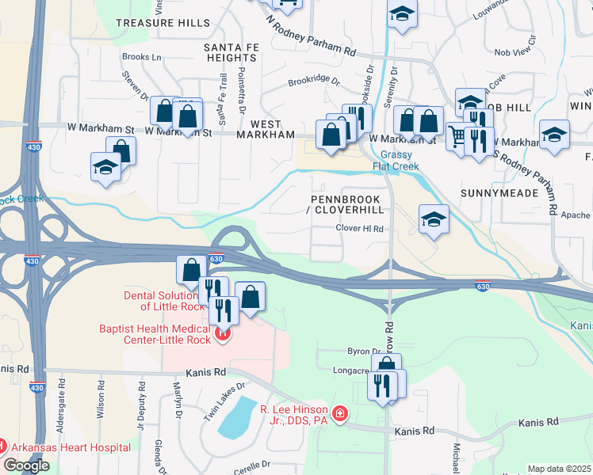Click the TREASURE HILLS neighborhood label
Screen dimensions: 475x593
click(x=163, y=24)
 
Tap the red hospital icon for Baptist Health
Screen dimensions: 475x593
click(x=223, y=334)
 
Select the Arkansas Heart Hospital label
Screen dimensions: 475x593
click(x=71, y=447)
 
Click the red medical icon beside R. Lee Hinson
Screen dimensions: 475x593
click(x=340, y=414)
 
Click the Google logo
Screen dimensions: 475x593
click(x=26, y=465)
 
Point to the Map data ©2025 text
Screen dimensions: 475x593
click(x=559, y=469)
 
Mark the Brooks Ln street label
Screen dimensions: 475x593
click(x=142, y=57)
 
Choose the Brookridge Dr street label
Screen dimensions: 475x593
click(x=313, y=81)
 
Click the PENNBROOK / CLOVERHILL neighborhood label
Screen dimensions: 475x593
click(x=347, y=204)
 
